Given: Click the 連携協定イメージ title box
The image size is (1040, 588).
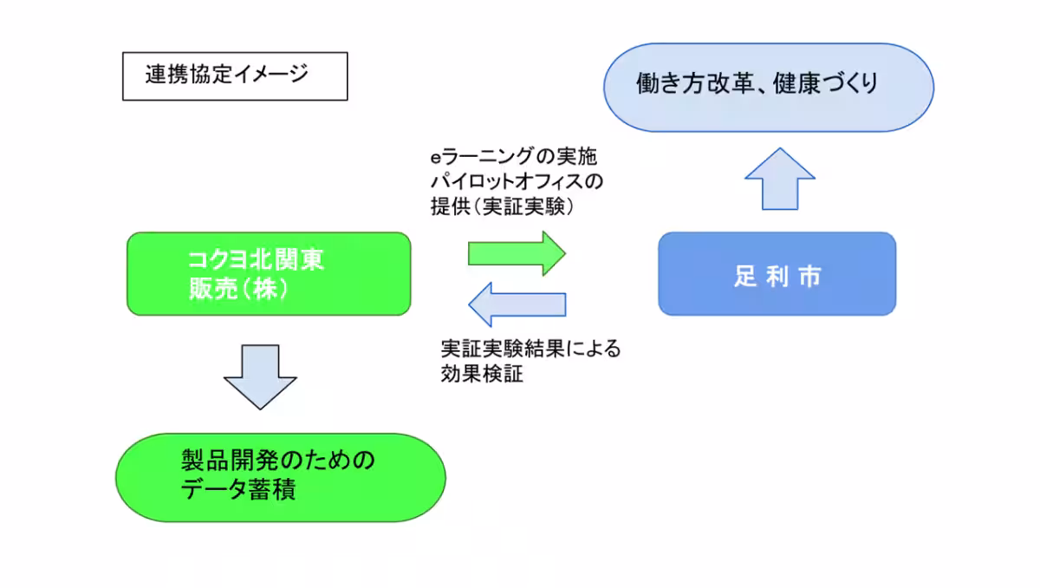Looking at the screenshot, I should click(x=234, y=76).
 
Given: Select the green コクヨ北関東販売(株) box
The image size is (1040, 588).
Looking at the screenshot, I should click(x=269, y=273).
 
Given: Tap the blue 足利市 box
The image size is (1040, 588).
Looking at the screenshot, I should click(x=777, y=273).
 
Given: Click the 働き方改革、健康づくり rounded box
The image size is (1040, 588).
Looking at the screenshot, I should click(x=768, y=87).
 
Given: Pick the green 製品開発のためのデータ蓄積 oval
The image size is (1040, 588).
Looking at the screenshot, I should click(x=280, y=477).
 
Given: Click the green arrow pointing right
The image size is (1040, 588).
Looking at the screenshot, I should click(x=517, y=253).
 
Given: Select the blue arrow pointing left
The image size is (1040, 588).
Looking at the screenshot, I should click(x=517, y=304).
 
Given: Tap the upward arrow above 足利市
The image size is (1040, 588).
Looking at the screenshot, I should click(x=780, y=180).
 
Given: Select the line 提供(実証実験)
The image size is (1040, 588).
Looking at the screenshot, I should click(x=504, y=207).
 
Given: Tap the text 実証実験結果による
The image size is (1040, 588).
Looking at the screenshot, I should click(x=530, y=350).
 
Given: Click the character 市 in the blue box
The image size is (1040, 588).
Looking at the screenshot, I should click(x=809, y=276).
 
